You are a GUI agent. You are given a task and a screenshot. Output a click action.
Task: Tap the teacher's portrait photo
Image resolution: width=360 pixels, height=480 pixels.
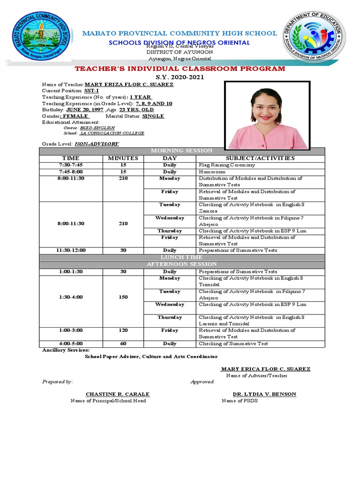coord(267,115)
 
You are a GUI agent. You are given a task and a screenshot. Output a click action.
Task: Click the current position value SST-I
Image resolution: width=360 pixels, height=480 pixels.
coord(91,90)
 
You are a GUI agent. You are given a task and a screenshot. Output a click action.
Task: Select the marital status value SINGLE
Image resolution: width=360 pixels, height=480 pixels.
coord(153,116)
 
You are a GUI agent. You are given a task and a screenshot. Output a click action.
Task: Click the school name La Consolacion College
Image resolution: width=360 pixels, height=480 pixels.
coord(112,133)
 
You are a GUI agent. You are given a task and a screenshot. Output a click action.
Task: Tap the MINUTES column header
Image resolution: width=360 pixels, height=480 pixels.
coord(123,158)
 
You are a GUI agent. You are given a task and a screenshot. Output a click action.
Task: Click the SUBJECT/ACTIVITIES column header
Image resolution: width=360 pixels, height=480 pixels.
coord(260,158)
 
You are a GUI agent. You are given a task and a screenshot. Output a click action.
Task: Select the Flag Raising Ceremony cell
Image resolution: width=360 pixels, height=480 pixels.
coord(227,165)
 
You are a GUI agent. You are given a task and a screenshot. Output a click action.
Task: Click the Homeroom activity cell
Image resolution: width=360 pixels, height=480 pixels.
coord(213,172)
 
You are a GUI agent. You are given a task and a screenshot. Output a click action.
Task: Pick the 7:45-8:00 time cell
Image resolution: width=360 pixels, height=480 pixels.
coord(70,172)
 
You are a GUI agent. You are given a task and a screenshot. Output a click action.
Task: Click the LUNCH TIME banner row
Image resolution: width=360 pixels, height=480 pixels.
coord(182,257)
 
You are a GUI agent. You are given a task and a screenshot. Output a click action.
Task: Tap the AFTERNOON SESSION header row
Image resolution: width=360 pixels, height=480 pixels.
coord(182,264)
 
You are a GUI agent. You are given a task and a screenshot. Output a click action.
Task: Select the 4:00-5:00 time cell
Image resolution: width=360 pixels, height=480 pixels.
coord(70,344)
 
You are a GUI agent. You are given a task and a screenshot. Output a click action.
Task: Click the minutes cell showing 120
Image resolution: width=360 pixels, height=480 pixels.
coord(123,330)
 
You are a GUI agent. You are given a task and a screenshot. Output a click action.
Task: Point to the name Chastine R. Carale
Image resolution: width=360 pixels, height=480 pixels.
coord(117,394)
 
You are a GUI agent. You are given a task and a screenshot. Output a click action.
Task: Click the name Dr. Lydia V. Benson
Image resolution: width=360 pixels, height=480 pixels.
coord(264,394)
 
